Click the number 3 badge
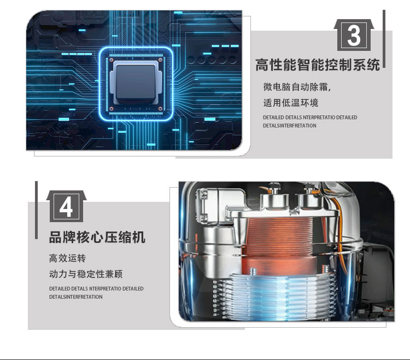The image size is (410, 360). (x=354, y=35)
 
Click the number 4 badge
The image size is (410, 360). (x=66, y=206)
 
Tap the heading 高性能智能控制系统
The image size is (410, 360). (x=318, y=65)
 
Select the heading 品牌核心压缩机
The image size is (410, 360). (x=97, y=237)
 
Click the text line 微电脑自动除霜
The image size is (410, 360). (x=297, y=87)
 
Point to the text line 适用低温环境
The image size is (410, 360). (x=291, y=103)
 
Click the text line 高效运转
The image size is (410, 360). (x=67, y=258)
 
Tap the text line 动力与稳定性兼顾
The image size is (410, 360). (x=86, y=274)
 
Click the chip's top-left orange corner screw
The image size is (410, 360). (x=112, y=60)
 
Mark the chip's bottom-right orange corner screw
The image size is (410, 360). (x=160, y=108)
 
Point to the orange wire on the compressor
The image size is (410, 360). (x=339, y=230)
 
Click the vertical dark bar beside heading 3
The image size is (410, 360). (x=384, y=39)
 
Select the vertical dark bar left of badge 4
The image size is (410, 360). (x=36, y=210)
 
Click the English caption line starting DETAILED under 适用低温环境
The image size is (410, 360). (x=310, y=118)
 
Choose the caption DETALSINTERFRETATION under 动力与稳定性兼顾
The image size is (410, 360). (x=76, y=297)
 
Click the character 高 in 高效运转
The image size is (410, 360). (x=54, y=258)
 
